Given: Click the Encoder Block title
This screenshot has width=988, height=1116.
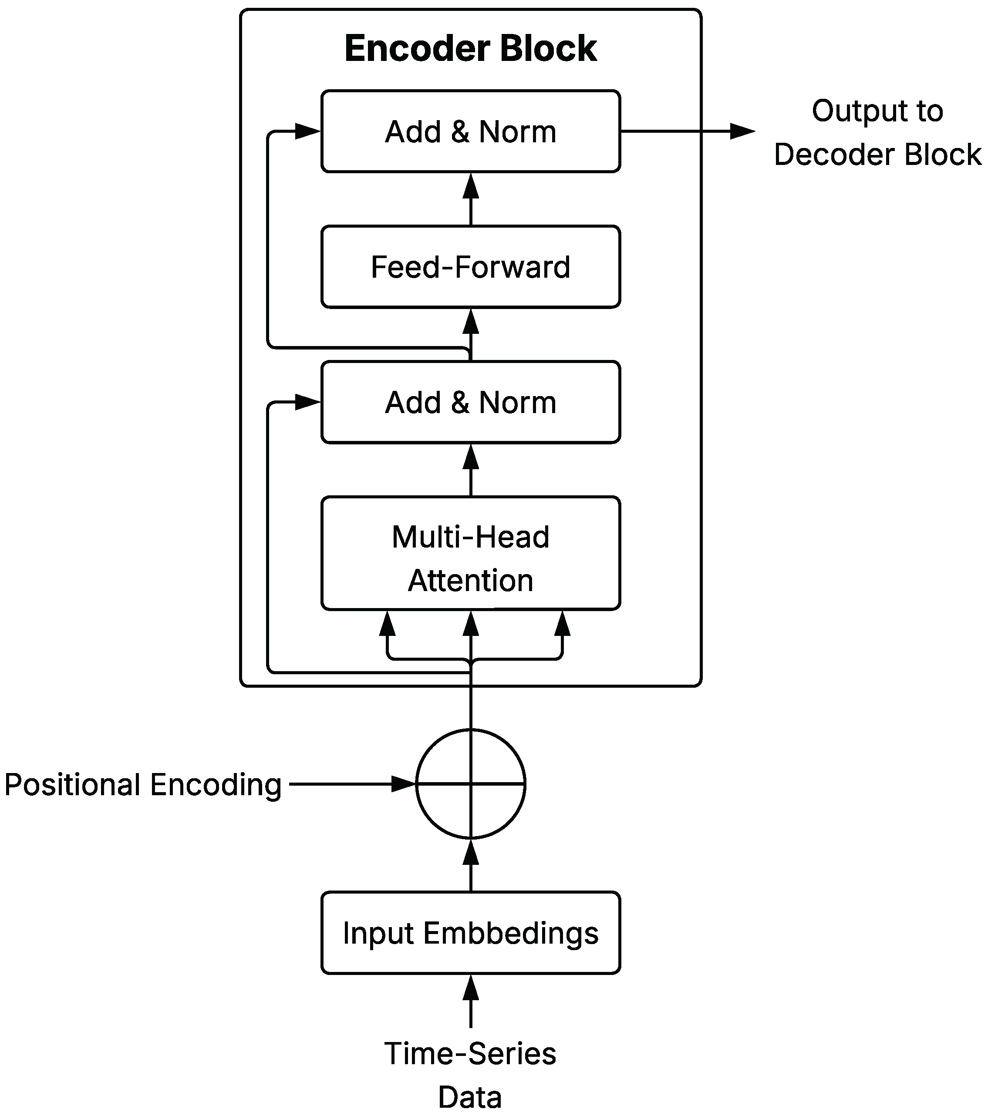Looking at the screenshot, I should pyautogui.click(x=470, y=48).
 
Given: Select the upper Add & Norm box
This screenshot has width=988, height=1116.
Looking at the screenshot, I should pyautogui.click(x=470, y=131).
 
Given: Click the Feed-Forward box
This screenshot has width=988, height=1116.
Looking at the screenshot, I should pyautogui.click(x=470, y=267).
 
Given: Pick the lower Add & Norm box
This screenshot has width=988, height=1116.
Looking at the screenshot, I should pyautogui.click(x=470, y=402).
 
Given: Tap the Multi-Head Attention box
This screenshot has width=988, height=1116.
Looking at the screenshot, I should pyautogui.click(x=470, y=558).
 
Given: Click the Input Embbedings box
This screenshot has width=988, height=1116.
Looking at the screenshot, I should pyautogui.click(x=470, y=933).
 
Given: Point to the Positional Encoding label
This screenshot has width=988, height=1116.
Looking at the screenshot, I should pyautogui.click(x=143, y=785).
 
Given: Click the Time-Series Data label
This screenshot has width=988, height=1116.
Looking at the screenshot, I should pyautogui.click(x=470, y=1075).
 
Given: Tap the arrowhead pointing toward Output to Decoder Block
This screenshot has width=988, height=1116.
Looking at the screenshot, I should pyautogui.click(x=742, y=131).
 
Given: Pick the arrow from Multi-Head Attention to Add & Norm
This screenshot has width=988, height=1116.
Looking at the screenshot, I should pyautogui.click(x=470, y=470).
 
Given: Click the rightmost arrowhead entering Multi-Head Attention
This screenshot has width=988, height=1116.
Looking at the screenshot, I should pyautogui.click(x=562, y=624).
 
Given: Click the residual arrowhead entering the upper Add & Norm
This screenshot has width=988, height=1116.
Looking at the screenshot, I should pyautogui.click(x=307, y=131).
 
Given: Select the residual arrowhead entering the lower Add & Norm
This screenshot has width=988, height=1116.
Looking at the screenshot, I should pyautogui.click(x=307, y=402).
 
